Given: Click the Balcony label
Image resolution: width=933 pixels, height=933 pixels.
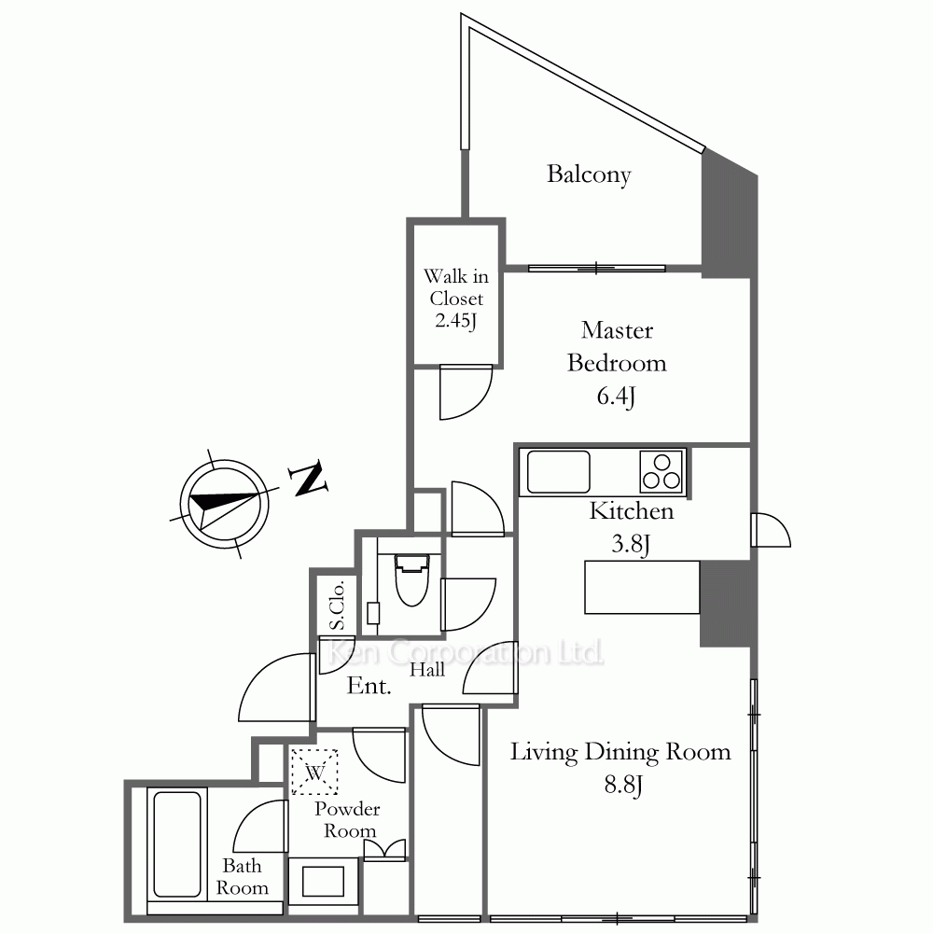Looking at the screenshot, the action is point(589,174).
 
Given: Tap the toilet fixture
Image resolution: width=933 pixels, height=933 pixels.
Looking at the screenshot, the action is point(411,579).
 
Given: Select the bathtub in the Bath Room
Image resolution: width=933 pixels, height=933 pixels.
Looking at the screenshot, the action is point(177,843).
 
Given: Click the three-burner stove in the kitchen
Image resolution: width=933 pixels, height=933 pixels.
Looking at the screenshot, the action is point(661,472).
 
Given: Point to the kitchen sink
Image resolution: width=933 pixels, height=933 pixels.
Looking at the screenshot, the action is point(558,472).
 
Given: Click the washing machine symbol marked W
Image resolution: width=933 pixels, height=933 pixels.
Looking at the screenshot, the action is point(314,772).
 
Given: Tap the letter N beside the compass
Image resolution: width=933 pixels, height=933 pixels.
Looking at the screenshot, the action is point(308,479).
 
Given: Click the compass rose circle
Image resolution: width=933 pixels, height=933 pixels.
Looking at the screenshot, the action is point(224,505).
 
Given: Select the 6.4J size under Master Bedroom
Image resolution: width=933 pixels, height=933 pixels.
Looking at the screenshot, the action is point(617,397).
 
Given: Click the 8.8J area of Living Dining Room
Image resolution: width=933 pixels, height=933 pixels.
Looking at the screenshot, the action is point(623,785).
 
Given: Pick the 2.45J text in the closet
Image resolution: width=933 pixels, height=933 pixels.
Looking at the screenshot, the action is point(456,320).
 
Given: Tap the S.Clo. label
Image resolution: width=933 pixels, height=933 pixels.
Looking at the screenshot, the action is point(337,606).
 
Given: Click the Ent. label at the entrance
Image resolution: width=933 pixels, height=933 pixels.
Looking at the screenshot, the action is point(369,686).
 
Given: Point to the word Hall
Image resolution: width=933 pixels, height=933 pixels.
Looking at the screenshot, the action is point(427,670).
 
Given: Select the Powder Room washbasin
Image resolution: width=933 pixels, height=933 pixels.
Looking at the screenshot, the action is point(323,882).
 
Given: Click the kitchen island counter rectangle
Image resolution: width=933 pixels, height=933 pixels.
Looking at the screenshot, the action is point(642,587).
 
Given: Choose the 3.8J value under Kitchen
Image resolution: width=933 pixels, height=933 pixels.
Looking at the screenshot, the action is point(631,544).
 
